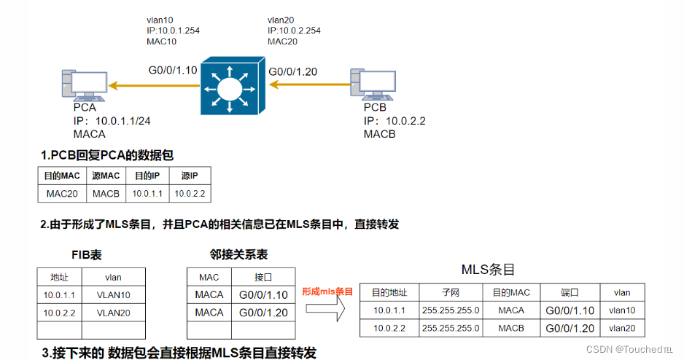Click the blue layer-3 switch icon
pos(231,85)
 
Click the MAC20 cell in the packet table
pos(62,193)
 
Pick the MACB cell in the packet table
pos(106,193)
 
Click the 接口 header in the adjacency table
pos(263,277)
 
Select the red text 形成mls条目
pos(327,291)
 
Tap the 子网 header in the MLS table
pos(451,292)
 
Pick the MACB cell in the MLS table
pos(511,328)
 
